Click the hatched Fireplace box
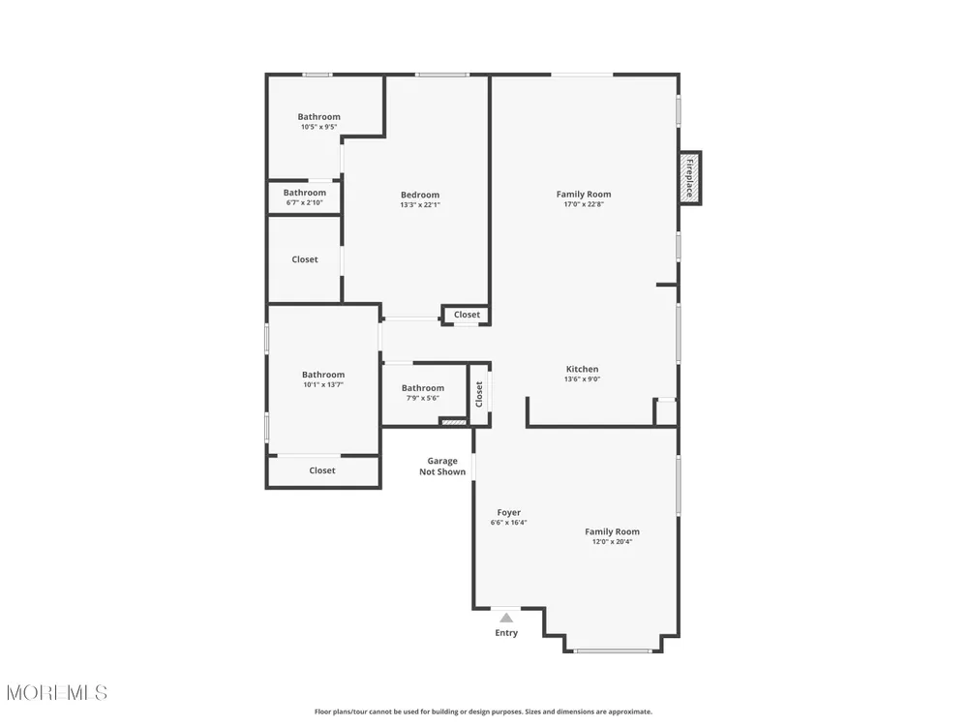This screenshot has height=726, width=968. click(690, 178)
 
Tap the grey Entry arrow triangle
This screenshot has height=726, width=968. click(506, 618)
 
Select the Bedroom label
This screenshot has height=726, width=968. click(420, 195)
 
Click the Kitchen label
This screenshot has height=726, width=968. click(582, 369)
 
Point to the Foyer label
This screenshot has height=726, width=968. click(509, 512)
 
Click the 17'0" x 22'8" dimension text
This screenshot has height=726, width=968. click(584, 204)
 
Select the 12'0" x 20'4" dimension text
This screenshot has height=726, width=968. click(612, 542)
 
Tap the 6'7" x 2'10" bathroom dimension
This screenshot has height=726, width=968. click(304, 202)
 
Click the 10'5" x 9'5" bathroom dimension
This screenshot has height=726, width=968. click(318, 127)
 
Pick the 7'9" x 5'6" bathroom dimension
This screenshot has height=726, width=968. click(422, 398)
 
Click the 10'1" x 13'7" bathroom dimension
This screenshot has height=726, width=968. click(323, 384)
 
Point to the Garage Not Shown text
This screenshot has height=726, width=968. click(442, 467)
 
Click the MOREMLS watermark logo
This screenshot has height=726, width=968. click(57, 693)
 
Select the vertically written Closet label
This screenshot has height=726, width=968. click(479, 394)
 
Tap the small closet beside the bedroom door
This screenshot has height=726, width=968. click(467, 315)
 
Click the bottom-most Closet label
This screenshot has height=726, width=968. click(322, 470)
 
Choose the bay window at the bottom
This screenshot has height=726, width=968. click(612, 650)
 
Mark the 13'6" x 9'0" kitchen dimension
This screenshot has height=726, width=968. click(582, 379)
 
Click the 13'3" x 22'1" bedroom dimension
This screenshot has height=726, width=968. click(420, 205)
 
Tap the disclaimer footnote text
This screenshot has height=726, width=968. click(483, 711)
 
